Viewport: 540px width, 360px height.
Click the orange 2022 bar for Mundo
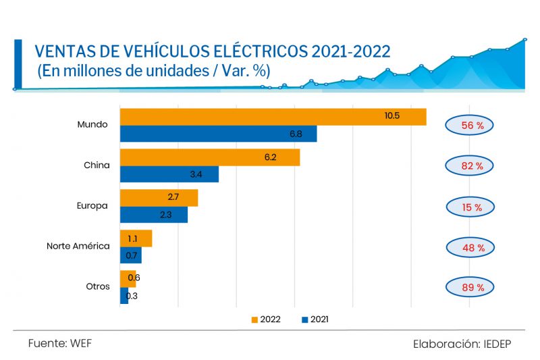273,116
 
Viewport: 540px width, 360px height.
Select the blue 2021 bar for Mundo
218,134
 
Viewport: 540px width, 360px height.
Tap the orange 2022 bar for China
209,157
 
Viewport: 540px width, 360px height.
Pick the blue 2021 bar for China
169,174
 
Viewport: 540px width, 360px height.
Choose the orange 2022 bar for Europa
159,198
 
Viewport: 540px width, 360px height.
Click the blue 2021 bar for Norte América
130,255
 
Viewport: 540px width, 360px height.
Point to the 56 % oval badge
468,125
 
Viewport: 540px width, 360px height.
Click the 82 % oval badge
468,165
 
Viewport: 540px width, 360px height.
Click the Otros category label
98,286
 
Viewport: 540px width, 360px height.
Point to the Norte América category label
78,246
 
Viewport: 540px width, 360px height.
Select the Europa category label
93,205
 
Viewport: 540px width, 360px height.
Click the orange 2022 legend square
255,319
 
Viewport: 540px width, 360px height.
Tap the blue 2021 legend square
305,319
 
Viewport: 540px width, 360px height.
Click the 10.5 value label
392,115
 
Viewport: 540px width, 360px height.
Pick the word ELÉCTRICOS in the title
264,51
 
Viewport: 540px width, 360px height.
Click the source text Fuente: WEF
59,343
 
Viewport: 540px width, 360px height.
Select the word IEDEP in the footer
497,344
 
